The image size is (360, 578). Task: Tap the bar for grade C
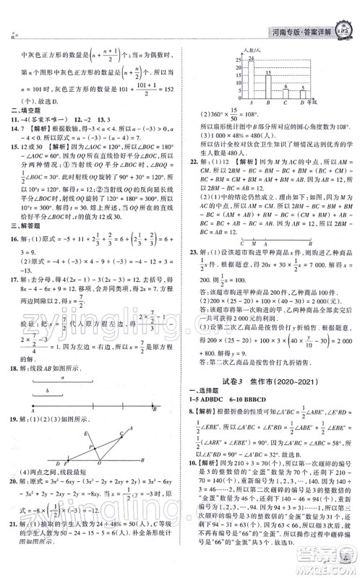pos(286,98)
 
